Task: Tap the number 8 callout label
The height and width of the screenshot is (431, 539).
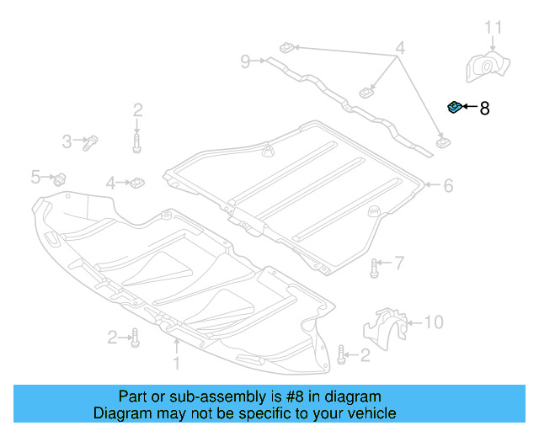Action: tap(483, 108)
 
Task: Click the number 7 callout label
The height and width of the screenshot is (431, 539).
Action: tap(399, 263)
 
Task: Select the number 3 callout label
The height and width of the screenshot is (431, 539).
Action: tap(67, 142)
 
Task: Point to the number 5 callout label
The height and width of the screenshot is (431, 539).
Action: tap(35, 176)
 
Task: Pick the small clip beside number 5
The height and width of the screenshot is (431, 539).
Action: tap(61, 178)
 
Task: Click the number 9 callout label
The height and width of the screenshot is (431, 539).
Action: tap(245, 61)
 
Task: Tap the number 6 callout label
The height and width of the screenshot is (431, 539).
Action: tap(448, 185)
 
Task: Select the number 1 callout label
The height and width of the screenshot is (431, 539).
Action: tap(177, 363)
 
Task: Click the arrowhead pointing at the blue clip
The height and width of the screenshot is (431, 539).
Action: tap(464, 108)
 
